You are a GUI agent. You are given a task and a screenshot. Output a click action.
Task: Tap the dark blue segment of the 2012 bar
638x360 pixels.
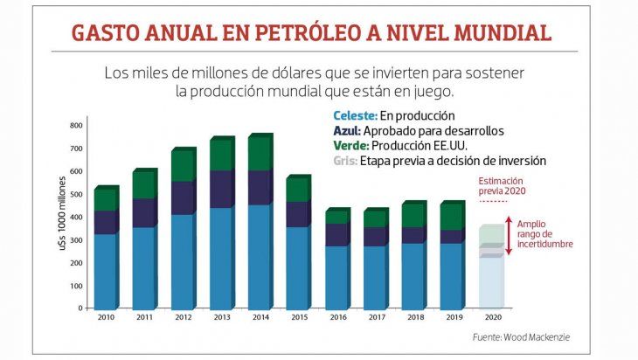coord(181,198)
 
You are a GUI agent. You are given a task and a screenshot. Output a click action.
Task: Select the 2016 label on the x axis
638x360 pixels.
coord(338,319)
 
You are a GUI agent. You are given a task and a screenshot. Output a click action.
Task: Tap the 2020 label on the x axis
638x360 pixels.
coord(492,319)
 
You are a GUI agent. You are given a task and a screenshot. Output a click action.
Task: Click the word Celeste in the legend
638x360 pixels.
coord(353,115)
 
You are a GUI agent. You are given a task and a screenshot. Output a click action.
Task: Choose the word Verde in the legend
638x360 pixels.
coord(350,146)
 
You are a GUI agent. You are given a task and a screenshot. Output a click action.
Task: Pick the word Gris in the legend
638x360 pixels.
coord(347,161)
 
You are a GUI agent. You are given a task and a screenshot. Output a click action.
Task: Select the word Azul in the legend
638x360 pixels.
coord(348,131)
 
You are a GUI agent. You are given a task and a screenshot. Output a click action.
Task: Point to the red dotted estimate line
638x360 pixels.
coord(492,201)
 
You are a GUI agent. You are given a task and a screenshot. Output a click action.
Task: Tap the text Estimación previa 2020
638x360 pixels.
coord(502,185)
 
